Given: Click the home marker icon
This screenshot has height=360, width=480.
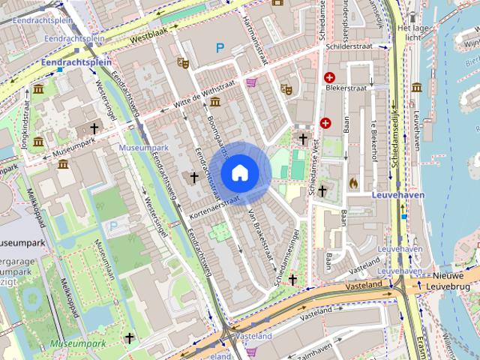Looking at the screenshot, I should pyautogui.click(x=240, y=172).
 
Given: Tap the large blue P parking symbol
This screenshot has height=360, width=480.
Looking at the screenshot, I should pyautogui.click(x=220, y=48).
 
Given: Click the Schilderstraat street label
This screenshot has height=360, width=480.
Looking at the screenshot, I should pyautogui.click(x=350, y=46).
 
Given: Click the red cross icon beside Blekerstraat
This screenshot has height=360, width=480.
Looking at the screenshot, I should pyautogui.click(x=329, y=77).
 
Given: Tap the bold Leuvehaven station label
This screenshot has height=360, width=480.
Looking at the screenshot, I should pyautogui.click(x=397, y=194).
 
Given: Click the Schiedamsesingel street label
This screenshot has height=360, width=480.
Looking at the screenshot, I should pyautogui.click(x=286, y=255).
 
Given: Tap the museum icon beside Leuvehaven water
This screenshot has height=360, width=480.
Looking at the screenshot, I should pyautogui.click(x=416, y=87).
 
